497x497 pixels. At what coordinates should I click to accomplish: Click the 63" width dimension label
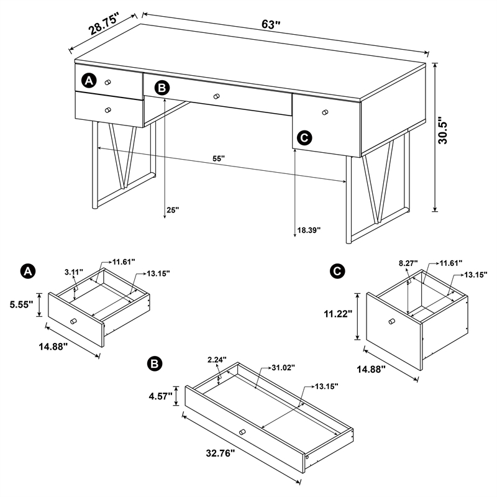click(271, 25)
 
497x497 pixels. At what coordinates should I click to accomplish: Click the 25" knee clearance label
click(172, 210)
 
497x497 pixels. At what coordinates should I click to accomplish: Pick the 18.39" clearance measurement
click(308, 229)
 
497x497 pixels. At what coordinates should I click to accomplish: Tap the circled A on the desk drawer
click(89, 81)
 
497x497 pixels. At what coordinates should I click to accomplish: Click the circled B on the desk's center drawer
click(162, 88)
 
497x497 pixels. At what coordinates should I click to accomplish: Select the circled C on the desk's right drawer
click(304, 137)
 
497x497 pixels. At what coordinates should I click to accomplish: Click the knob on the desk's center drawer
click(217, 96)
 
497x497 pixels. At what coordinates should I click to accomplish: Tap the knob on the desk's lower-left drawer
click(107, 110)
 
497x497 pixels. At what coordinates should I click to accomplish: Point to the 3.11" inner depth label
click(74, 272)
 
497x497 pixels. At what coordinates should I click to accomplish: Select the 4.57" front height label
click(160, 394)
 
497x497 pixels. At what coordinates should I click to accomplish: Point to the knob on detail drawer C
click(391, 321)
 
